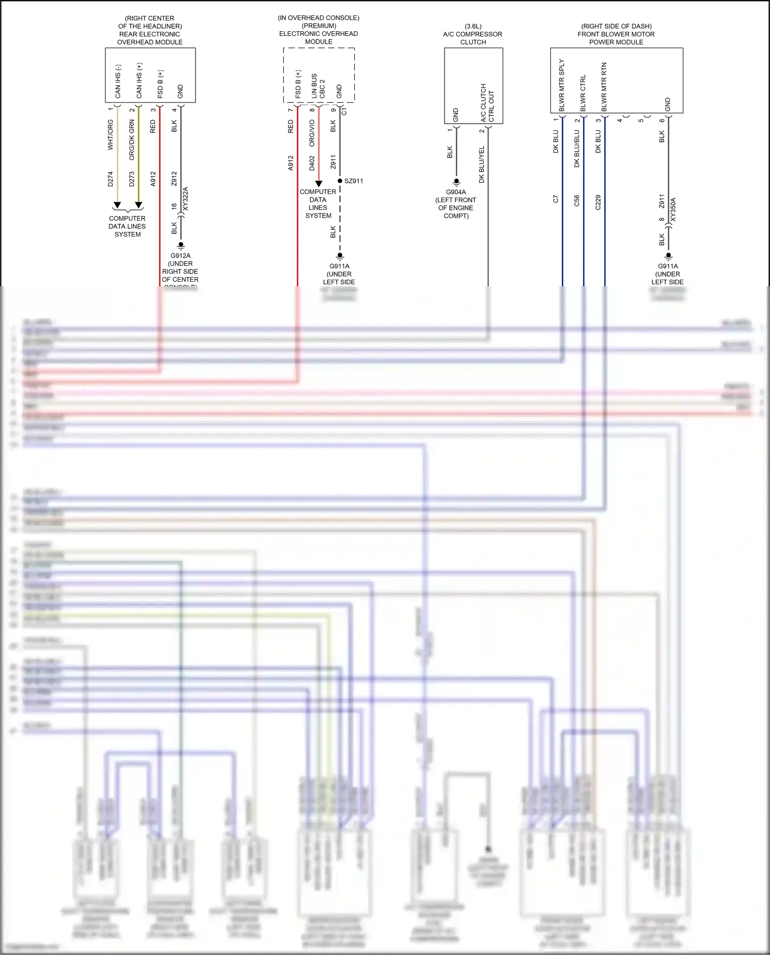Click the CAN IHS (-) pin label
[118, 81]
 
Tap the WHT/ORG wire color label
[110, 135]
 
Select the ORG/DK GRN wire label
[132, 140]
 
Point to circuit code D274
[110, 179]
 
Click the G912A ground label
[181, 256]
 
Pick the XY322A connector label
[185, 199]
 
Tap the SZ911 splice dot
[340, 181]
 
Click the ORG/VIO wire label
[312, 133]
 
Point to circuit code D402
[312, 163]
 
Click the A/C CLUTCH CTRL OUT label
[487, 103]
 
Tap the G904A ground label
[456, 192]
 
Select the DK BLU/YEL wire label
[482, 165]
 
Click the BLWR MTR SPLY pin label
[562, 85]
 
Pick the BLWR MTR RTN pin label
[604, 87]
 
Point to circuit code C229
[598, 202]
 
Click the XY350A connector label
[673, 209]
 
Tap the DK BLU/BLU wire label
[577, 149]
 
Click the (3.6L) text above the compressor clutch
[473, 26]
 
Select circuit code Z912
[175, 179]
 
